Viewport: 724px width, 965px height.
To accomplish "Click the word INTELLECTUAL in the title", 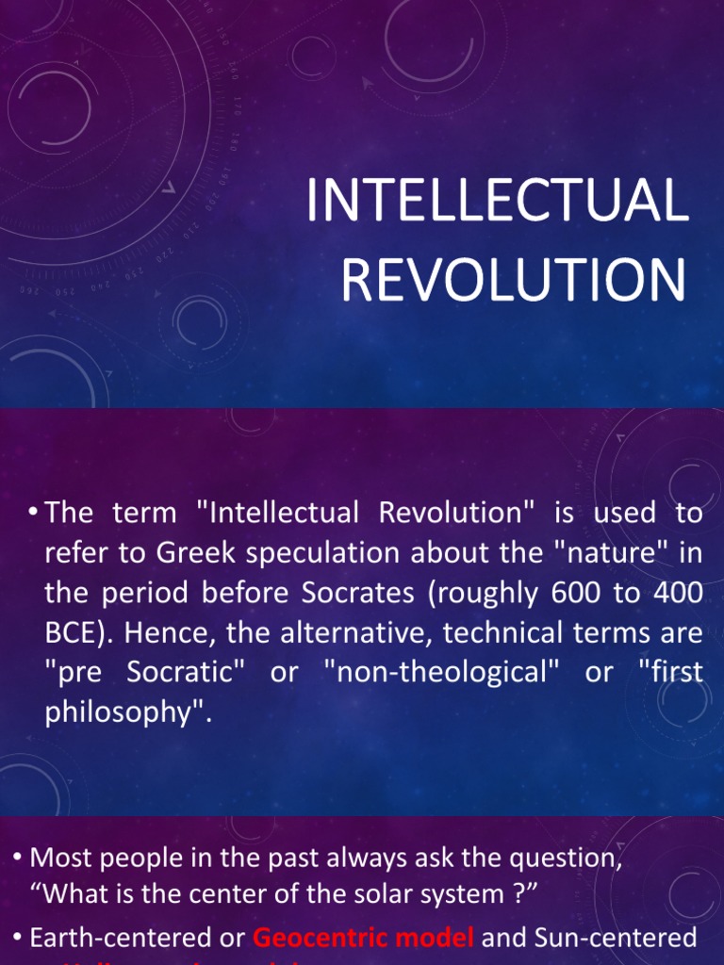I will (x=497, y=202).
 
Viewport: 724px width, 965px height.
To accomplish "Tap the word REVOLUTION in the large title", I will (x=513, y=280).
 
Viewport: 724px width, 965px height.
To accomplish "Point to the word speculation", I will (x=301, y=553).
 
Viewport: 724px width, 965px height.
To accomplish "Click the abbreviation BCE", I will (x=72, y=633).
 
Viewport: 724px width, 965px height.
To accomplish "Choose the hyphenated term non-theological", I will (x=462, y=673).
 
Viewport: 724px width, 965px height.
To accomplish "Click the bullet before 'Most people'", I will (x=18, y=858).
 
